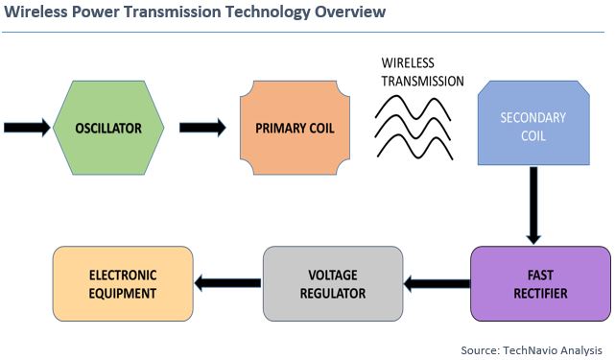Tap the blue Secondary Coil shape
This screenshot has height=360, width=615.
(533, 126)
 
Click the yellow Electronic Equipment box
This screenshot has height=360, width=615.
(123, 283)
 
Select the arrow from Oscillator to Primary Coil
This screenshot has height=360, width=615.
(202, 127)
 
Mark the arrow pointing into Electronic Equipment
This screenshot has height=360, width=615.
(227, 283)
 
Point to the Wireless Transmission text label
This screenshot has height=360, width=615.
(421, 72)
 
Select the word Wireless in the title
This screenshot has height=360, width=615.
(38, 12)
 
